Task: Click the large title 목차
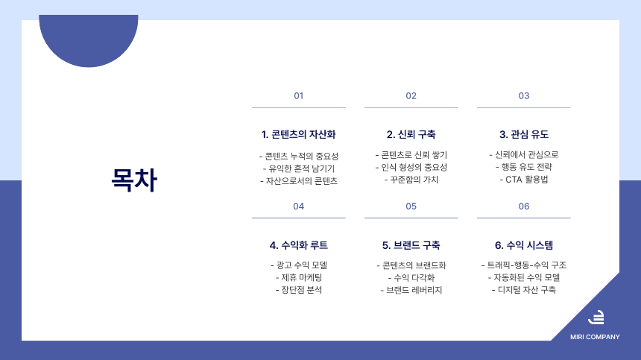[x=134, y=180]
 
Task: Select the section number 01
[x=299, y=96]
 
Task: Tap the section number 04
[x=299, y=206]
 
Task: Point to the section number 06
[x=524, y=206]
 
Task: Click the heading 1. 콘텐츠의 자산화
[x=299, y=135]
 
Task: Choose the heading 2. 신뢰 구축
[x=411, y=135]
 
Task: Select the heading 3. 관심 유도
[x=524, y=135]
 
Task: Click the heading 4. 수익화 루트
[x=299, y=245]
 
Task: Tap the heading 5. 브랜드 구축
[x=411, y=245]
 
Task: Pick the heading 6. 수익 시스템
[x=524, y=245]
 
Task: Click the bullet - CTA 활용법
[x=524, y=180]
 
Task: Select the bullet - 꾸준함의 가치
[x=411, y=180]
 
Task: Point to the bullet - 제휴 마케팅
[x=299, y=277]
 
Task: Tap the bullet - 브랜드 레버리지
[x=411, y=290]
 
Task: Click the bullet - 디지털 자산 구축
[x=524, y=290]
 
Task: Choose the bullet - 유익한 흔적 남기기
[x=299, y=168]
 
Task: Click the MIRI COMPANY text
[x=595, y=337]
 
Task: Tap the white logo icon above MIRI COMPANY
[x=596, y=317]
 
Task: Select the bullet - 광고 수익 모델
[x=299, y=265]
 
